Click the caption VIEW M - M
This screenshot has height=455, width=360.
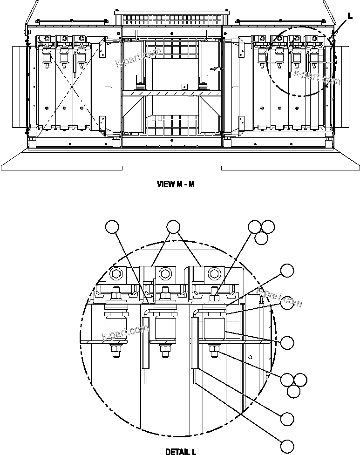pos(176,184)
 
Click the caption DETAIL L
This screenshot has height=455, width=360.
pos(180,451)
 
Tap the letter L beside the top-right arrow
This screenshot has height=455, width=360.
pos(350,15)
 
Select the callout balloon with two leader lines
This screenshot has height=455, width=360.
pos(173,227)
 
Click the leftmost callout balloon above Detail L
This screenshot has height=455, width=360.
pos(112,227)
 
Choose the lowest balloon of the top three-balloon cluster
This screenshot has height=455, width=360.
pos(261,238)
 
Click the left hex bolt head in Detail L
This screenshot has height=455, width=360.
pos(115,273)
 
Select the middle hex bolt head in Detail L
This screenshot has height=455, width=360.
pos(164,272)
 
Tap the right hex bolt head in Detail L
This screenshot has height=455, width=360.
pos(214,272)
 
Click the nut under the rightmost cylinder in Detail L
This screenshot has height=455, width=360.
pos(214,350)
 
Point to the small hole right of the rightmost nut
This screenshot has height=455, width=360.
pos(250,358)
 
